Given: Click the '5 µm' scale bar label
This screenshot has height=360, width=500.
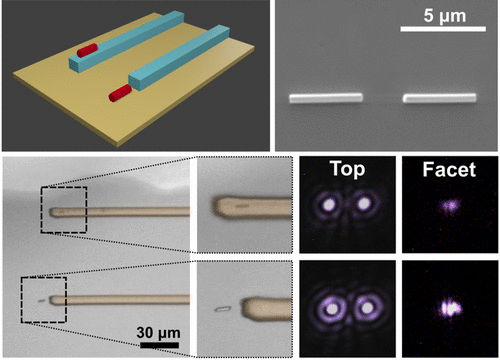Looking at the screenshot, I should (436, 19).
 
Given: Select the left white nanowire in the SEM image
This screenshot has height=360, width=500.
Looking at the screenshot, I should (323, 98).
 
